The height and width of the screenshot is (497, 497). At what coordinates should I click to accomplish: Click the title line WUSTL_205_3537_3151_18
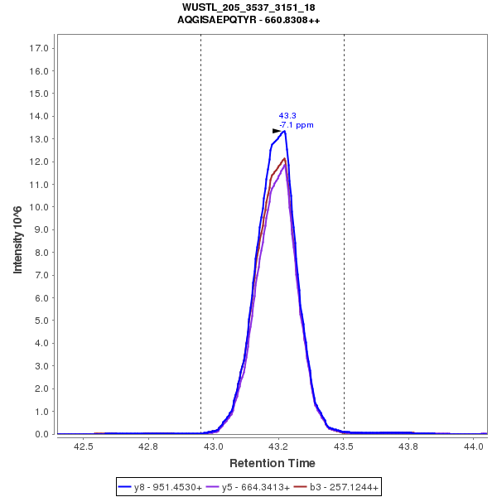[x=248, y=7]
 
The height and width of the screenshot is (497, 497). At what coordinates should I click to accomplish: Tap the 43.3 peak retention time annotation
[x=287, y=116]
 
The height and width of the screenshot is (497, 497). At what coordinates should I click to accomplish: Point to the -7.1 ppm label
[x=297, y=125]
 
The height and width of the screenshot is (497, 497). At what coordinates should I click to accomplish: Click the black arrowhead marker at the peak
[x=277, y=131]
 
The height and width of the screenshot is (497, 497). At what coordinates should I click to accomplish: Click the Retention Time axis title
[x=272, y=462]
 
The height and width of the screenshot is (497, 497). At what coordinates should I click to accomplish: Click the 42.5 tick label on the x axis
[x=83, y=446]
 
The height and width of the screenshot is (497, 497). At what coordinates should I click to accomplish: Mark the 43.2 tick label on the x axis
[x=279, y=446]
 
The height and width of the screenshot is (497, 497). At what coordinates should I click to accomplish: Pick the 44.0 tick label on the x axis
[x=475, y=446]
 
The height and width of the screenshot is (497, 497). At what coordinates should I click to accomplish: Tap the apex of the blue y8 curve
[x=284, y=131]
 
